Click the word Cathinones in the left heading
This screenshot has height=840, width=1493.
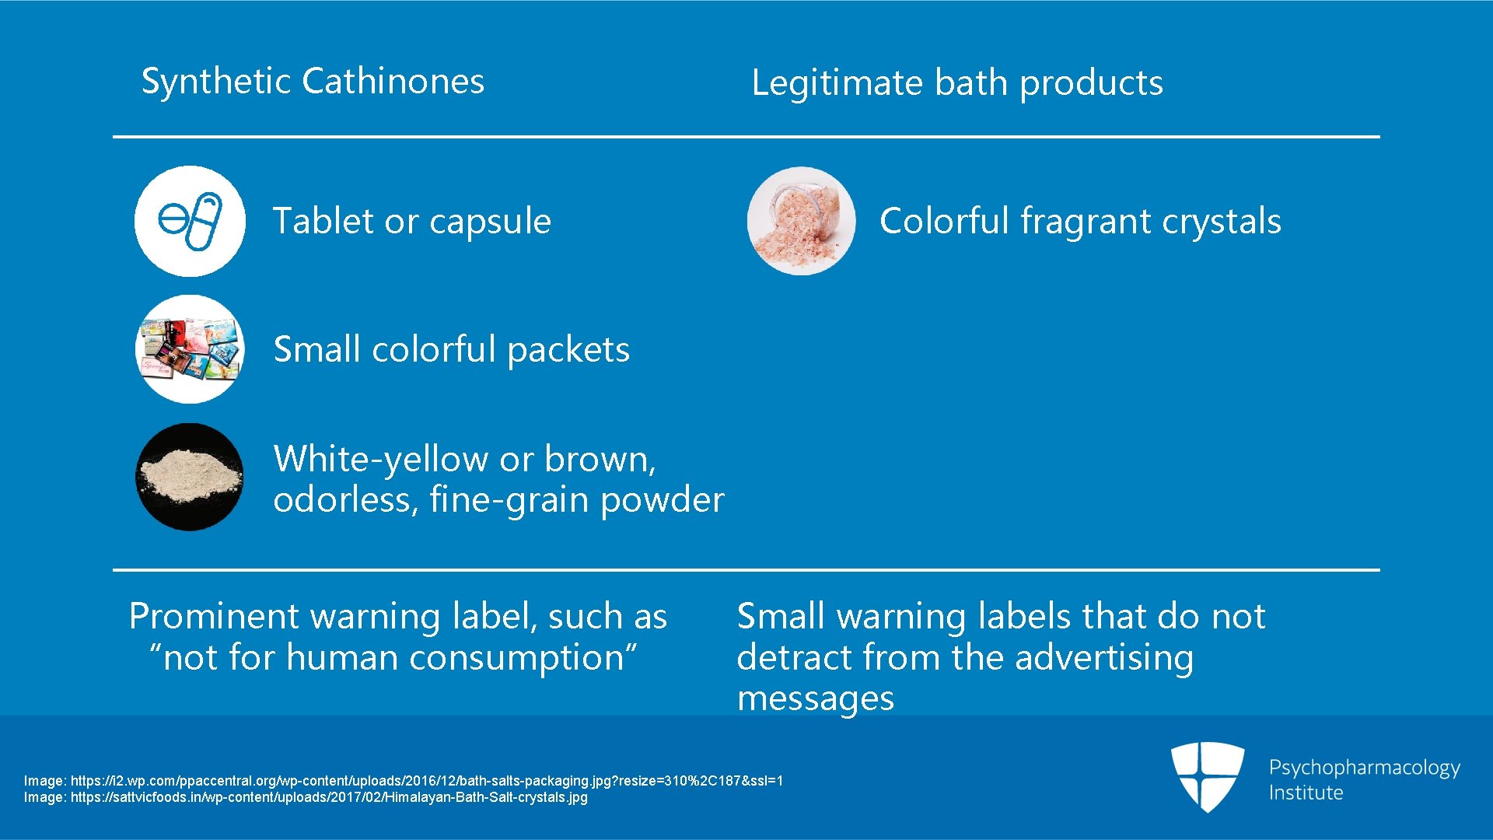tap(393, 82)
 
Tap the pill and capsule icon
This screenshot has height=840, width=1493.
tap(190, 221)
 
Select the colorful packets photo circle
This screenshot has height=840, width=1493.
tap(190, 349)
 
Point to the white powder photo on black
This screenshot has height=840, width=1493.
tap(190, 477)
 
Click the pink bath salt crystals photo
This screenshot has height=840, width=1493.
tap(801, 221)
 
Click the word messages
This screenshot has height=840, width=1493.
tap(815, 699)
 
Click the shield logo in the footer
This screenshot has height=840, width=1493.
tap(1207, 776)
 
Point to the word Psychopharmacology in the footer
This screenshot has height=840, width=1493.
tap(1364, 768)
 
